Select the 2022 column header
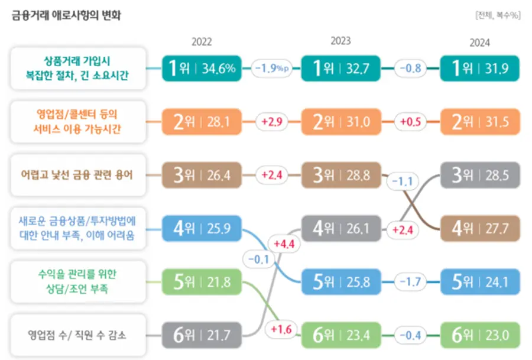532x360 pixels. click(202, 42)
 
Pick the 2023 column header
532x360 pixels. click(340, 41)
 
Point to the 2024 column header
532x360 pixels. click(479, 43)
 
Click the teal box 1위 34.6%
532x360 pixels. click(202, 68)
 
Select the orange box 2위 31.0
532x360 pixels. click(340, 122)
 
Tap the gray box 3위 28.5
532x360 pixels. click(480, 175)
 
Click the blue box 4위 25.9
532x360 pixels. click(202, 228)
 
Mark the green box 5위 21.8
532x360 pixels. click(202, 282)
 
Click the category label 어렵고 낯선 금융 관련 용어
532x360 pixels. click(77, 176)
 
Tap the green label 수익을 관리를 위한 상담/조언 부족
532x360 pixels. click(77, 281)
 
